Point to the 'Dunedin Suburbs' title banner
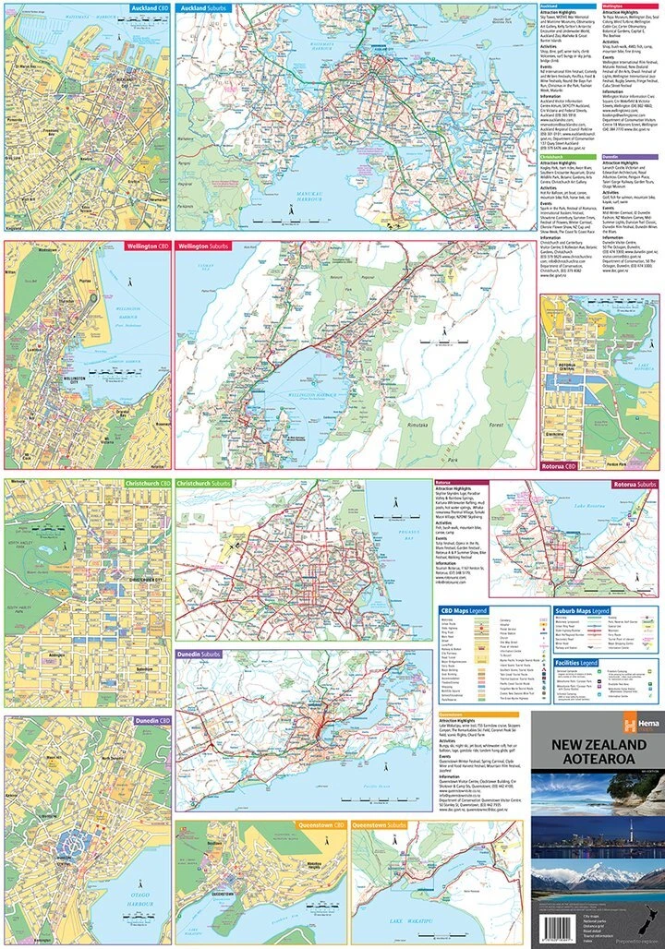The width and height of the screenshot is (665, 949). tap(200, 654)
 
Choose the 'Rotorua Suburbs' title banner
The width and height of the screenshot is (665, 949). tap(634, 484)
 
